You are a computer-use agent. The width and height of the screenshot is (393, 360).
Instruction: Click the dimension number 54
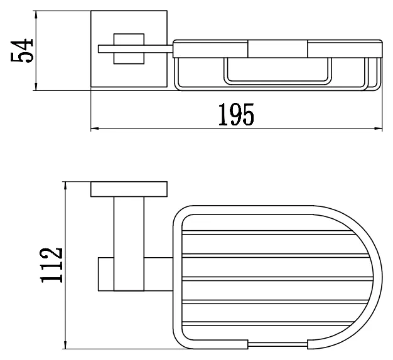pos(22,50)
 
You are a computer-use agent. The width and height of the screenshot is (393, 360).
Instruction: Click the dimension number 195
pos(236,114)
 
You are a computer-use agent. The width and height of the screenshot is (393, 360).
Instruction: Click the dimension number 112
pos(51,265)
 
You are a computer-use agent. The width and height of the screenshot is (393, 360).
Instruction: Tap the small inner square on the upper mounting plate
pos(129,48)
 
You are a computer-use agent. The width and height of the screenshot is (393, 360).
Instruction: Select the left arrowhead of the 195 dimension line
pos(94,129)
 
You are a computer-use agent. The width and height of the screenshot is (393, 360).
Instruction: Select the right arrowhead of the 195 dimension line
pos(379,129)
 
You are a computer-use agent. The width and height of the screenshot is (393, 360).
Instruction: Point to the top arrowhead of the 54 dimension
pos(36,14)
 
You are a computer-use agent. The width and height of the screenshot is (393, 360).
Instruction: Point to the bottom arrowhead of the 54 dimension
pos(36,87)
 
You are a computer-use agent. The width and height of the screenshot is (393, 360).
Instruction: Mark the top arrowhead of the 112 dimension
pos(65,186)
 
